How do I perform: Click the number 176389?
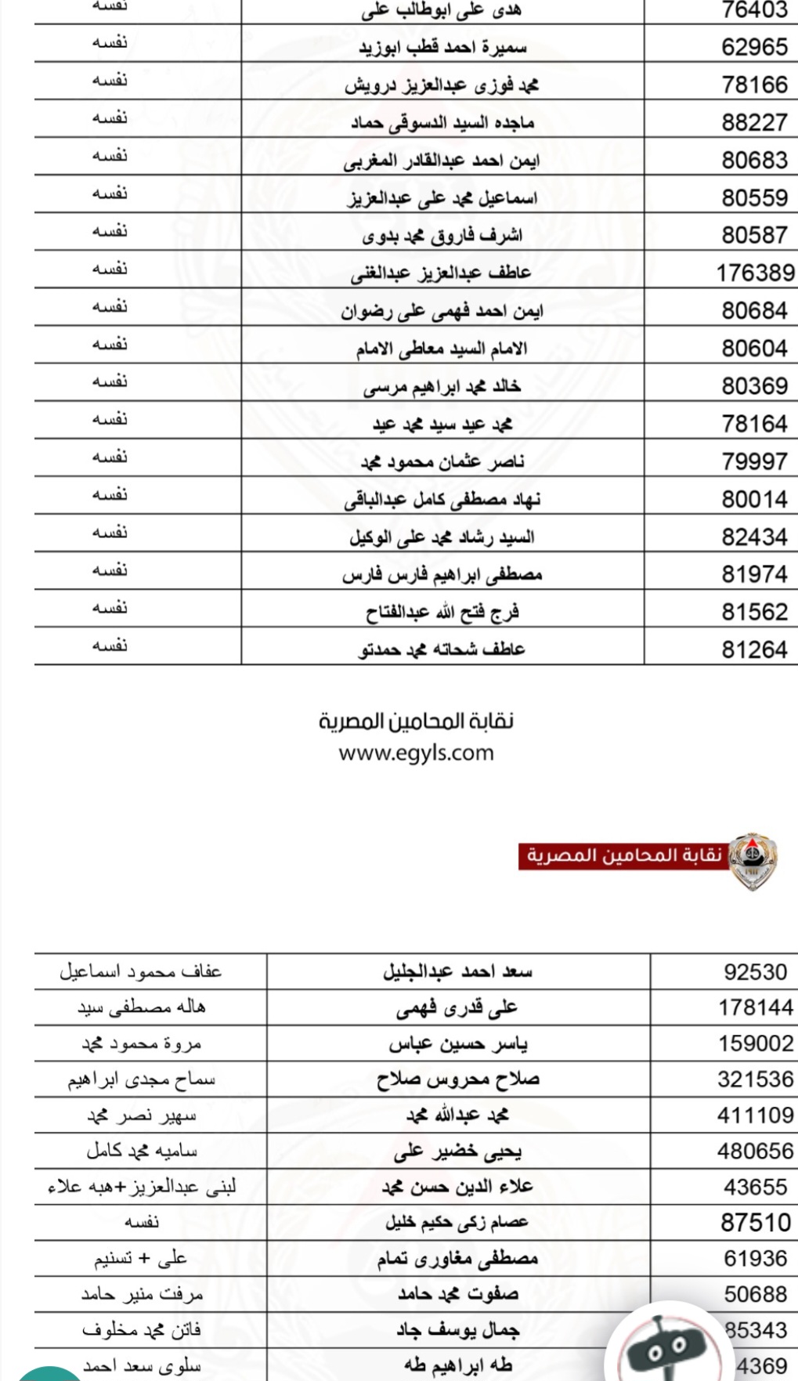(x=755, y=273)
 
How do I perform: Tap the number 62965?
(x=754, y=47)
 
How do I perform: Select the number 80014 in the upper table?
(x=754, y=499)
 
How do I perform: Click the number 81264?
(x=754, y=649)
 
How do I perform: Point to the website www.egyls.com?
(x=416, y=754)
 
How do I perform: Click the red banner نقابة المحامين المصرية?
(x=623, y=855)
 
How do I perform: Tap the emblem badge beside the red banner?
(x=753, y=860)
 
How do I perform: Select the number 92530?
(x=755, y=972)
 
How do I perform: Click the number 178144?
(x=756, y=1008)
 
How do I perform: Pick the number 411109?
(x=755, y=1115)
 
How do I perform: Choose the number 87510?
(x=756, y=1223)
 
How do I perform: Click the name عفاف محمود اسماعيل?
(x=141, y=972)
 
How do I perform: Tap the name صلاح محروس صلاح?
(x=458, y=1079)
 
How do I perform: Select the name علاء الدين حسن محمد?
(x=457, y=1187)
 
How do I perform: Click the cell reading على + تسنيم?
(x=141, y=1259)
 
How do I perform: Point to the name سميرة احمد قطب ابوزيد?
(x=442, y=48)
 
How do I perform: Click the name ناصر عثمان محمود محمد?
(x=442, y=462)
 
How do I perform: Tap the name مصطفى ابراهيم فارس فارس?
(x=442, y=575)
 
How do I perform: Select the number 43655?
(x=755, y=1187)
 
